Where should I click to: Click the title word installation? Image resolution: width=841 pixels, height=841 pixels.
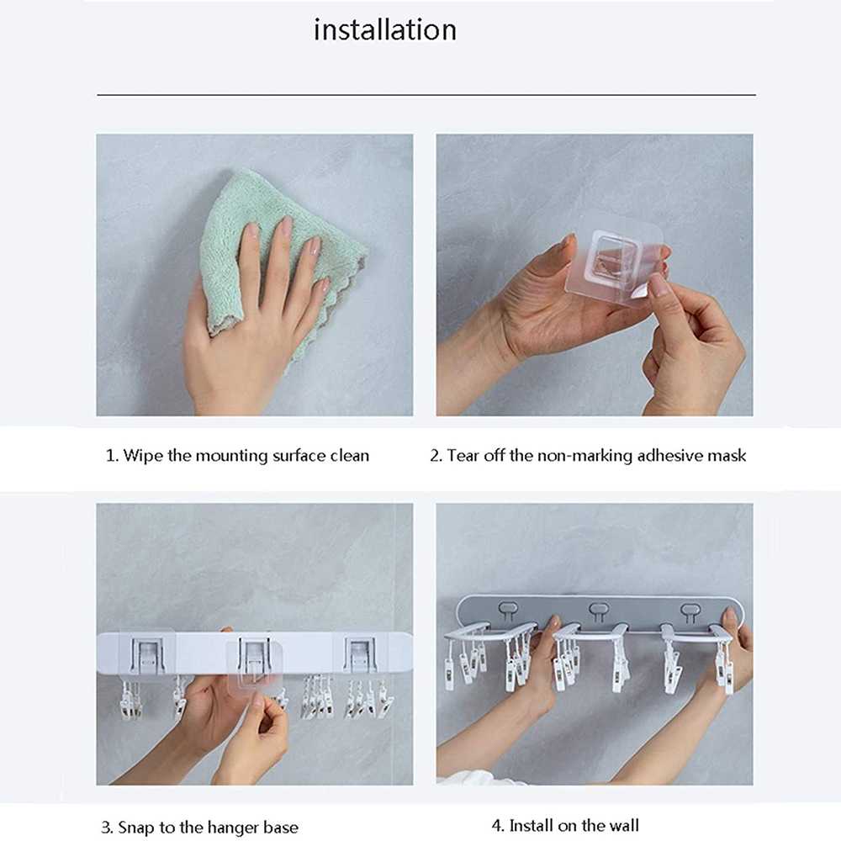pyautogui.click(x=384, y=30)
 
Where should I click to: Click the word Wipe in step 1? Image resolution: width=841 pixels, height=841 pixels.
pyautogui.click(x=143, y=456)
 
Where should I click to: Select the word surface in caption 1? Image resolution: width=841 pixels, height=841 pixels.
pyautogui.click(x=299, y=456)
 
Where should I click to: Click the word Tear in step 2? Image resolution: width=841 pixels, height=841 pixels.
pyautogui.click(x=463, y=456)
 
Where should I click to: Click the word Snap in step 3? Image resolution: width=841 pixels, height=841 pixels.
pyautogui.click(x=136, y=828)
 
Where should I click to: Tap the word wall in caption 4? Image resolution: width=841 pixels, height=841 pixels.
pyautogui.click(x=621, y=826)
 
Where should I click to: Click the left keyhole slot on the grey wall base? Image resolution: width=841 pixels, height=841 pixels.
pyautogui.click(x=508, y=611)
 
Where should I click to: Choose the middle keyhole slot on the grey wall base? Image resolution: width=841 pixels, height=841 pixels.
pyautogui.click(x=598, y=611)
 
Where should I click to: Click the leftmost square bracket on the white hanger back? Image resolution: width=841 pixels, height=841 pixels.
pyautogui.click(x=146, y=655)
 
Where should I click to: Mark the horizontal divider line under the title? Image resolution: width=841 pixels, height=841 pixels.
pyautogui.click(x=426, y=95)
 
